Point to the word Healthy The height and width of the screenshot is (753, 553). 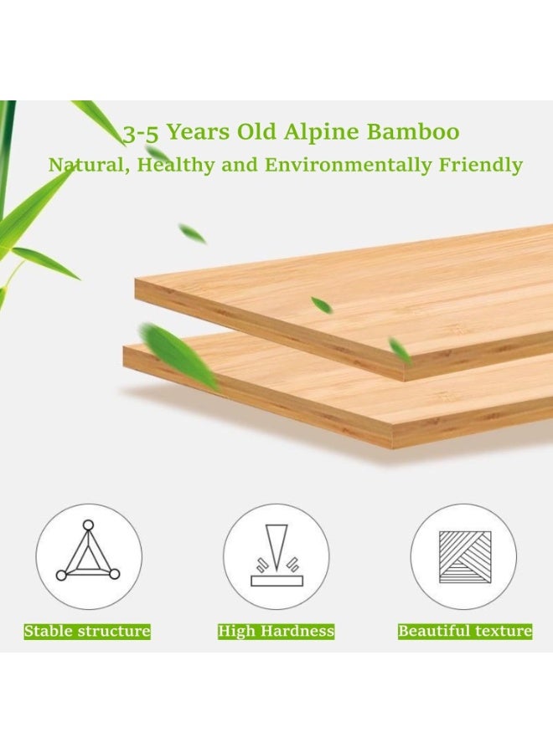[176, 165]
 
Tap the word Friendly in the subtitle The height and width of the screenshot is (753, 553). [481, 165]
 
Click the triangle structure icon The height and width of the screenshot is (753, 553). [88, 555]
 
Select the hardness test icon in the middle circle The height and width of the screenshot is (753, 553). [276, 555]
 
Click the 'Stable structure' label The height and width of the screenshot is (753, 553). [87, 631]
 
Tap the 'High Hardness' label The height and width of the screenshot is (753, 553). [276, 631]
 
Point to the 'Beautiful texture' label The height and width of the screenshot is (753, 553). [464, 631]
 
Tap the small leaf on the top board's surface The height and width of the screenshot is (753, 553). [321, 305]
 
